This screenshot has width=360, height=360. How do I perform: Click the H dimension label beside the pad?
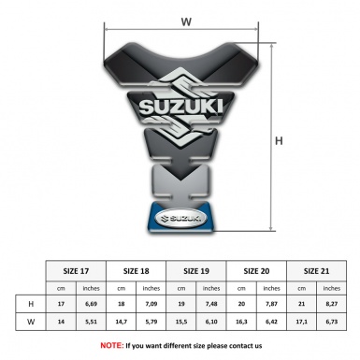[x=278, y=141]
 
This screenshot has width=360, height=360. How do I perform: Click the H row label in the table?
[x=32, y=304]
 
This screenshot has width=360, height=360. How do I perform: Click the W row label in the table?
[x=32, y=322]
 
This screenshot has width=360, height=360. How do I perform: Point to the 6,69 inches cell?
[x=92, y=304]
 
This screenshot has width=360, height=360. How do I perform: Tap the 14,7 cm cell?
[x=122, y=322]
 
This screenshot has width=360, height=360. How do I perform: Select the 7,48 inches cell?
[x=212, y=304]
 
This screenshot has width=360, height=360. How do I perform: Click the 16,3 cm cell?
[x=242, y=322]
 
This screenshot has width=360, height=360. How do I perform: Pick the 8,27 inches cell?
[x=331, y=304]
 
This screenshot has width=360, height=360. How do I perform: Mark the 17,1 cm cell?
[x=301, y=322]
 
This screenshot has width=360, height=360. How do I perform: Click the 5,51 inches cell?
[x=92, y=322]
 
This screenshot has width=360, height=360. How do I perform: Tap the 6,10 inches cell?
[x=212, y=322]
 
